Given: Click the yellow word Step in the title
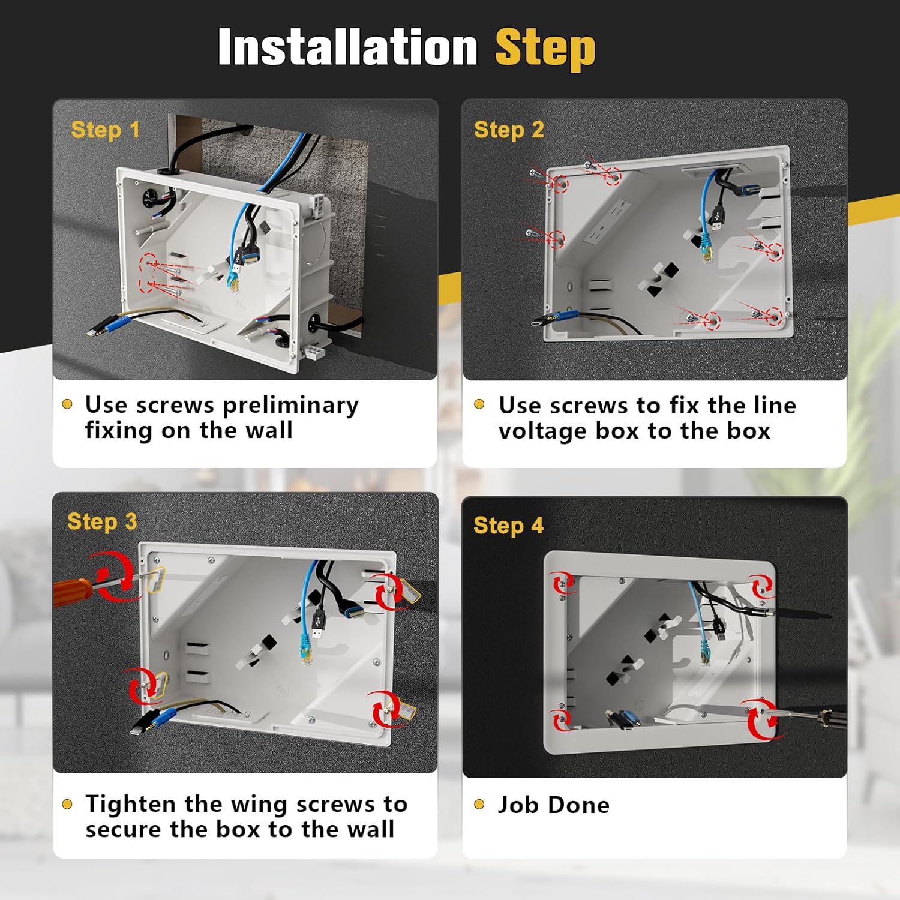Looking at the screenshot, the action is (545, 49).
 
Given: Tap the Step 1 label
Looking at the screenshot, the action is (105, 130).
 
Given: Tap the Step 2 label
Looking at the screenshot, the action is (509, 130).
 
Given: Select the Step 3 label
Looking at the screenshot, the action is (102, 522).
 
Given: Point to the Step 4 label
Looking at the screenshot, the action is (508, 526).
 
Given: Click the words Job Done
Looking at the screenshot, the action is (553, 805).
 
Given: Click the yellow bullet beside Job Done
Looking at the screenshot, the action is (479, 804).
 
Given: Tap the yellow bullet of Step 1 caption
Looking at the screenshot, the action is (67, 404).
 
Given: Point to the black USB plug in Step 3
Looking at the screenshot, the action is (318, 623).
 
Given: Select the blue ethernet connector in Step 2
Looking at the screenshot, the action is (707, 250).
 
